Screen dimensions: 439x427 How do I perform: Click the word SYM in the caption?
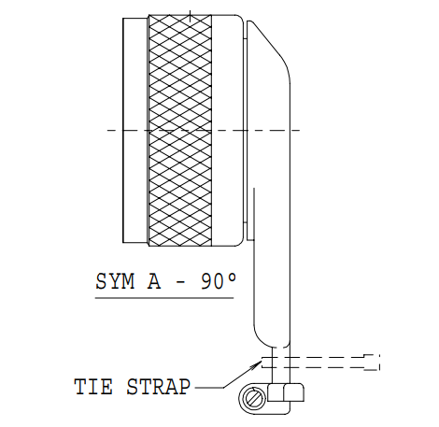pyautogui.click(x=115, y=281)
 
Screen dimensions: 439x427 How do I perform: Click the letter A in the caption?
pyautogui.click(x=154, y=281)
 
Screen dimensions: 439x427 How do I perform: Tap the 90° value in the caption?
pyautogui.click(x=219, y=281)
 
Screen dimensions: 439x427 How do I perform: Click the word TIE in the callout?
pyautogui.click(x=93, y=387)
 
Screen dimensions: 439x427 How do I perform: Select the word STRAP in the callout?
pyautogui.click(x=158, y=387)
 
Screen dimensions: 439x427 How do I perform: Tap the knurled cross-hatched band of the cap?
pyautogui.click(x=180, y=130)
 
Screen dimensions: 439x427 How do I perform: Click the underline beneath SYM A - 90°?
pyautogui.click(x=164, y=298)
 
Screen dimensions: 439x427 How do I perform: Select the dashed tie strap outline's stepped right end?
pyautogui.click(x=372, y=363)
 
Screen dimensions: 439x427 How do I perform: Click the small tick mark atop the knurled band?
pyautogui.click(x=190, y=16)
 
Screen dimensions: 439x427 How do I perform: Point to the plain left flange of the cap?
pyautogui.click(x=135, y=130)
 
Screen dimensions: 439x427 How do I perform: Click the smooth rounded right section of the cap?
pyautogui.click(x=227, y=130)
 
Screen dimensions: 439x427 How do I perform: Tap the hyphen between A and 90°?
pyautogui.click(x=181, y=282)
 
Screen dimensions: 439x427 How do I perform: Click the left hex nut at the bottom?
pyautogui.click(x=276, y=392)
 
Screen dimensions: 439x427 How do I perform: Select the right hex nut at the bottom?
pyautogui.click(x=293, y=392)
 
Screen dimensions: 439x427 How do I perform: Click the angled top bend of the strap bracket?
pyautogui.click(x=270, y=46)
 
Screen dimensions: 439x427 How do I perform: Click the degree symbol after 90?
pyautogui.click(x=234, y=277)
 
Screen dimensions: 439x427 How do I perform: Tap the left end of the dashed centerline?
pyautogui.click(x=107, y=130)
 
